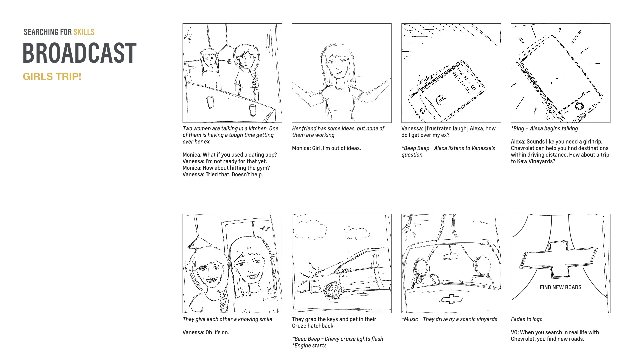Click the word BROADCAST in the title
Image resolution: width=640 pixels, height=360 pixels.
[x=80, y=53]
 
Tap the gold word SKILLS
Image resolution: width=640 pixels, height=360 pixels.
[x=84, y=32]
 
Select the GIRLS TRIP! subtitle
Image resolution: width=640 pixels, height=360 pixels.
[x=52, y=77]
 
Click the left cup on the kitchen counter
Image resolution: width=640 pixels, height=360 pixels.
[x=210, y=102]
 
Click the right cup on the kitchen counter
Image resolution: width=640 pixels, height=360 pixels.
[x=253, y=110]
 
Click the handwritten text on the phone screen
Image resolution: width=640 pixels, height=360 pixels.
[x=464, y=80]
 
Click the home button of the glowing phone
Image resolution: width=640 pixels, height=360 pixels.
[x=580, y=106]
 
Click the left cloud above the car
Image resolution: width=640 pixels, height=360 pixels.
[x=310, y=230]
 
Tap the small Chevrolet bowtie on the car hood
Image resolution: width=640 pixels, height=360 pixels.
[x=451, y=299]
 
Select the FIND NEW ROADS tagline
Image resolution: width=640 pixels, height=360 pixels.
[x=560, y=287]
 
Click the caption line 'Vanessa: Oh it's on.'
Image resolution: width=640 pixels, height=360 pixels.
[x=206, y=332]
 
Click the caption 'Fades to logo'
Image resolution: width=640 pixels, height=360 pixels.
[x=527, y=319]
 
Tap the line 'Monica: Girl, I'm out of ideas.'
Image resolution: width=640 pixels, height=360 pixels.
[x=326, y=148]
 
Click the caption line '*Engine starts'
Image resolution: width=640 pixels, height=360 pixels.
[x=309, y=346]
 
